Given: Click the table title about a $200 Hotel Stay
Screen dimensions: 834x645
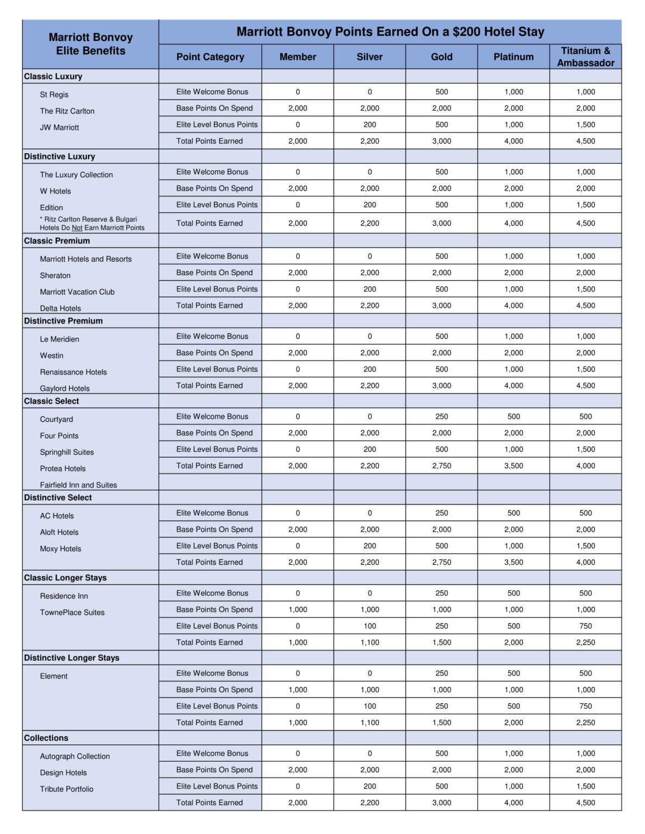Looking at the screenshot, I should coord(390,31).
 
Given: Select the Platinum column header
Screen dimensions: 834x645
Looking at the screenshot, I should coord(514,56).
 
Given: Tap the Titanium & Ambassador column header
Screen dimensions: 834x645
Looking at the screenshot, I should coord(585,56).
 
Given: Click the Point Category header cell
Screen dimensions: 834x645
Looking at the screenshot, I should coord(210,56).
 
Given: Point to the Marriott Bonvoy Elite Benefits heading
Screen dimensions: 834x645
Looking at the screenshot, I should coord(91,44).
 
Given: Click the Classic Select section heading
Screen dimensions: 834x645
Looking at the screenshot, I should coord(52,401).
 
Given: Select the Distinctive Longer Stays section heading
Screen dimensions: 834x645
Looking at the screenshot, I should coord(72,658).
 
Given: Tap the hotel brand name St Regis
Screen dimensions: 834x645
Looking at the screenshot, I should coord(54,94).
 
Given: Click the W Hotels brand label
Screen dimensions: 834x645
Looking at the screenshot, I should coord(55,191).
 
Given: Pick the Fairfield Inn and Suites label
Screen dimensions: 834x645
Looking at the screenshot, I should coord(78,485).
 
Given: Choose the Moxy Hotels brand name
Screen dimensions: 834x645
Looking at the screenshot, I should coord(60,548).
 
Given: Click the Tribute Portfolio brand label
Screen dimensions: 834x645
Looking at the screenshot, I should coord(66,789).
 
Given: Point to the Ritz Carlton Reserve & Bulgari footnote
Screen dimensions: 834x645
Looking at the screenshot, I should coord(92,223).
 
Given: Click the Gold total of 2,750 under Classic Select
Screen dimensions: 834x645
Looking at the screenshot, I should coord(441,465).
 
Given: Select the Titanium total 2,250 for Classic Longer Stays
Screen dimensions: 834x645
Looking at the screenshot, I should coord(585,642).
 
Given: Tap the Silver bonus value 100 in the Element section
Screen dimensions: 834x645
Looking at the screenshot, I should coord(370,706).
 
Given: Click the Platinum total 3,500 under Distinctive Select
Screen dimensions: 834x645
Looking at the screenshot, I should coord(514,562).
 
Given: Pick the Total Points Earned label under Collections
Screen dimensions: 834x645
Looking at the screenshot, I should coord(209,803).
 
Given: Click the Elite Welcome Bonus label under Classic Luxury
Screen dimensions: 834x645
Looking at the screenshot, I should coord(212,92).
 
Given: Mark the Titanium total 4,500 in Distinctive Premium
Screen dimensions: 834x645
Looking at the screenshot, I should coord(585,386).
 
